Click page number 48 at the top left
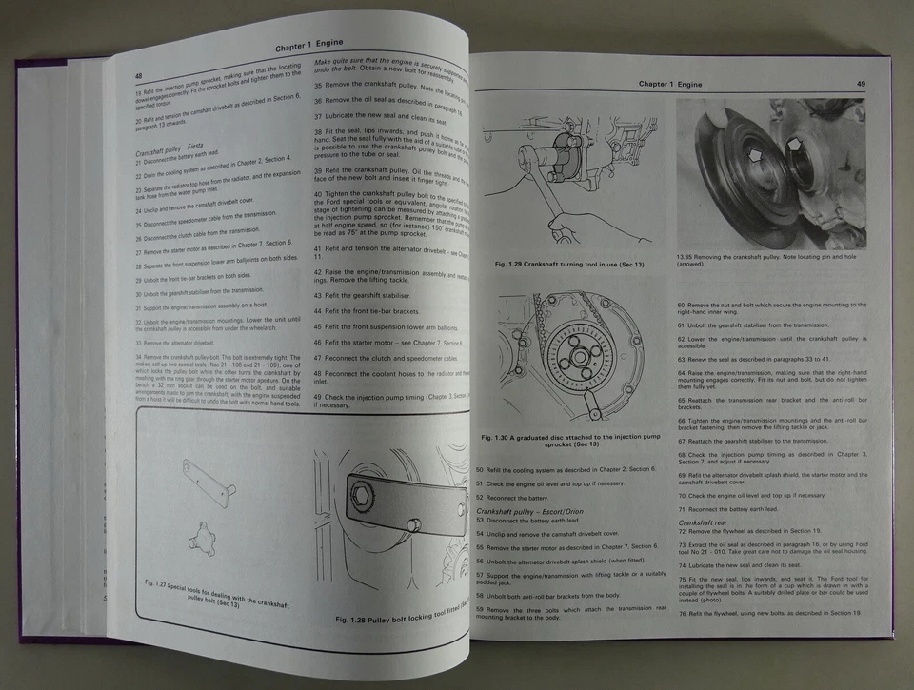pos(139,76)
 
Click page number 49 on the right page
pos(860,84)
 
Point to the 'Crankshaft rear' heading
pos(703,522)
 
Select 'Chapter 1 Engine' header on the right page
pos(670,84)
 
